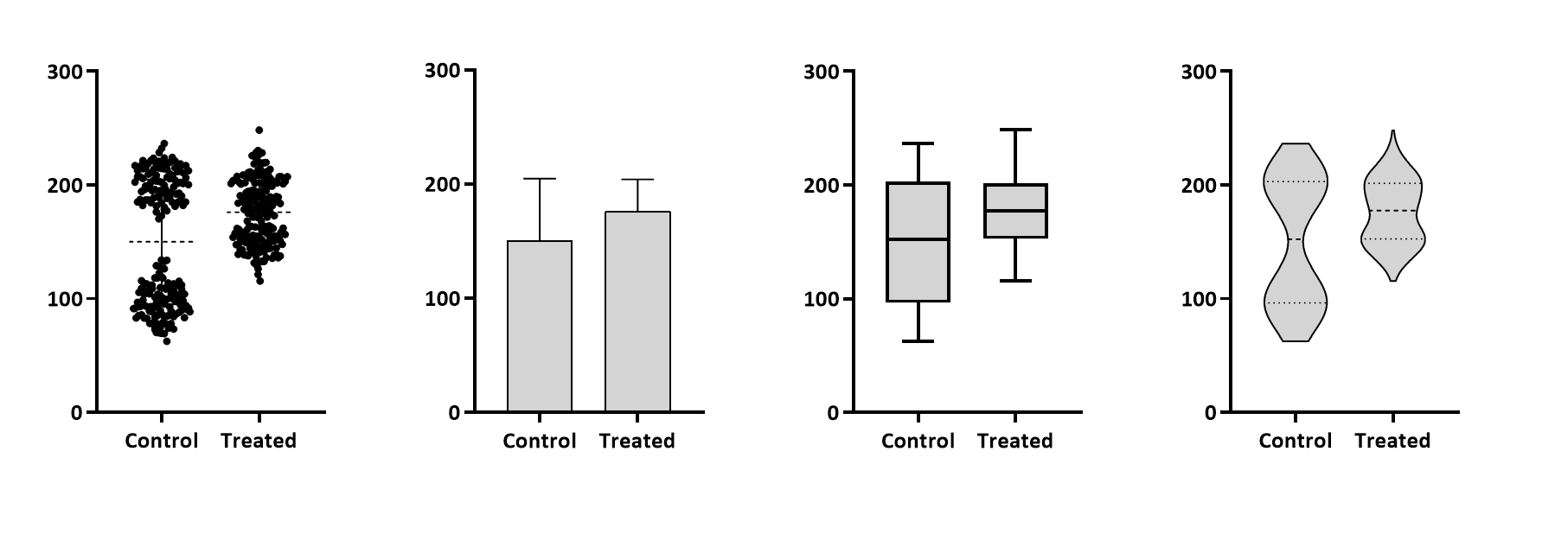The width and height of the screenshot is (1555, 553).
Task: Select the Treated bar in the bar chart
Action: tap(637, 311)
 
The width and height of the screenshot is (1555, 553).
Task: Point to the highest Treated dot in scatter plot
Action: tap(259, 130)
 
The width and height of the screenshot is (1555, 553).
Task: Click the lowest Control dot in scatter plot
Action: tap(167, 341)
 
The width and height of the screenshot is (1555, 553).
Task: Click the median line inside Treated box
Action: tap(1015, 211)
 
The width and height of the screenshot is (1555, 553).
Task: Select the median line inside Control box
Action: tap(918, 238)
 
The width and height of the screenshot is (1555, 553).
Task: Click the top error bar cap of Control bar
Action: tap(539, 179)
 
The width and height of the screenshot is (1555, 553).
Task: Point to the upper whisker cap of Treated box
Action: tap(1015, 130)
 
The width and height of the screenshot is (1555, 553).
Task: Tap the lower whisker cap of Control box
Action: tap(918, 341)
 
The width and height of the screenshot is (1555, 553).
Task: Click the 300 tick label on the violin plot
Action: tap(1199, 72)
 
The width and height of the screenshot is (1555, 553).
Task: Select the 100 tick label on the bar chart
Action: tap(441, 299)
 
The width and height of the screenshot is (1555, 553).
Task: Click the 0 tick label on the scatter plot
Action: tap(77, 413)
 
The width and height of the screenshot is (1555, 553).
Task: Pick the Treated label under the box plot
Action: tap(1014, 441)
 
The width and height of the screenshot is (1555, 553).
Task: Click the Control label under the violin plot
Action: tap(1295, 441)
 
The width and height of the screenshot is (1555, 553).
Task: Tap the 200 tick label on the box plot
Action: tap(821, 185)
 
